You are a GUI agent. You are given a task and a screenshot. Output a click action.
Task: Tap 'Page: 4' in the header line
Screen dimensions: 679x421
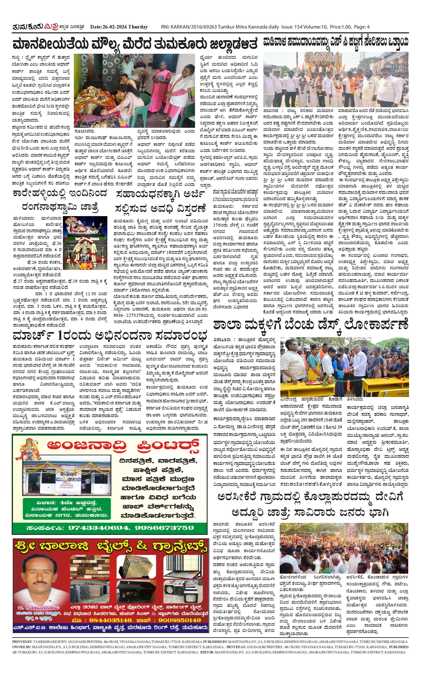(x=362, y=27)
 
